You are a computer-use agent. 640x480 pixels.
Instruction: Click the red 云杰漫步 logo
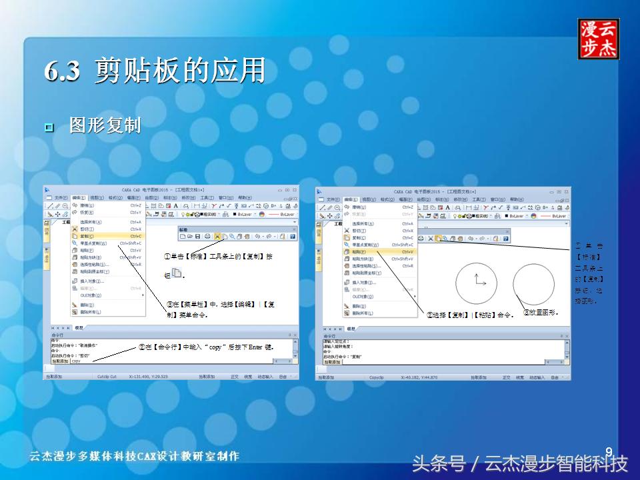(x=598, y=39)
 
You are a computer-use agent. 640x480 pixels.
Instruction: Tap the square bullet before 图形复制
(x=49, y=127)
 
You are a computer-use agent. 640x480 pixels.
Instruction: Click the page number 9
(x=608, y=451)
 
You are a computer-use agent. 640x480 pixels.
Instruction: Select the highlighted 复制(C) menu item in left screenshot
(x=87, y=236)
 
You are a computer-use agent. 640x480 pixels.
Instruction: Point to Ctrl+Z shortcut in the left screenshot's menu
(x=135, y=205)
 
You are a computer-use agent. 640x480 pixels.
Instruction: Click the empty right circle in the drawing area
(x=534, y=283)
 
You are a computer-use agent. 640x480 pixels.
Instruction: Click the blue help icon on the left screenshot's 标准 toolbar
(x=292, y=236)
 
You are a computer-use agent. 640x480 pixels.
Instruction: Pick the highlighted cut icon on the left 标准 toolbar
(x=218, y=236)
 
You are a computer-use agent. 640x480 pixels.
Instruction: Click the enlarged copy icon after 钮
(x=177, y=273)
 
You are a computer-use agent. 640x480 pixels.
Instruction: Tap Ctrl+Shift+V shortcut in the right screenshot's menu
(x=402, y=259)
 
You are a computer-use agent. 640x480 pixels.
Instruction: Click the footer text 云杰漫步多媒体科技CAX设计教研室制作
(x=134, y=457)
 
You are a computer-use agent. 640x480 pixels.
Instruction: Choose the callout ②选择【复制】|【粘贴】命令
(x=471, y=315)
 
